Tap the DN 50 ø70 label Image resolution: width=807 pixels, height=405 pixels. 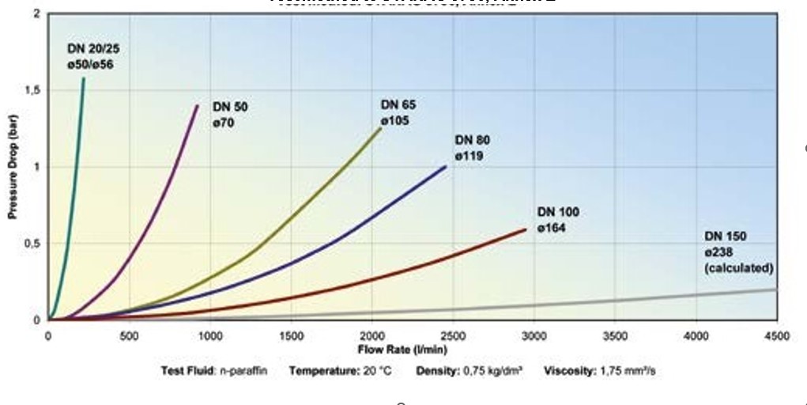point(228,115)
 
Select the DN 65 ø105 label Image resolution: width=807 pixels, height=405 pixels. point(399,112)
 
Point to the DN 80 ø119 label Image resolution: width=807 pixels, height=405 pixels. point(473,148)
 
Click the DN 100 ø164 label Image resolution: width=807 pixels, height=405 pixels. point(558,220)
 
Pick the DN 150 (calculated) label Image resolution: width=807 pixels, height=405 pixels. point(738,252)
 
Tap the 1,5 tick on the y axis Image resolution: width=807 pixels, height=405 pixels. point(31,91)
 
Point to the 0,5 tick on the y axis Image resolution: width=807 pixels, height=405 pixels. point(31,244)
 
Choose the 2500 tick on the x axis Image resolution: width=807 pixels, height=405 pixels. point(453,336)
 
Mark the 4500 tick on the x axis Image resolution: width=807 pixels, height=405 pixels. point(777,336)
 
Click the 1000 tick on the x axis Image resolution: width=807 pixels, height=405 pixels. point(209,336)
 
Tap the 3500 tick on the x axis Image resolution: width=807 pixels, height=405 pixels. point(615,336)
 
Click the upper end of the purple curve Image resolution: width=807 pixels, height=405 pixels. point(198,105)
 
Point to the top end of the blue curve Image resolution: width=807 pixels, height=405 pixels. point(446,166)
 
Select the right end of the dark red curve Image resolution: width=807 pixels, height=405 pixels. point(526,229)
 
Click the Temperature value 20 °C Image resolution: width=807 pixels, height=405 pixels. point(375,370)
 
